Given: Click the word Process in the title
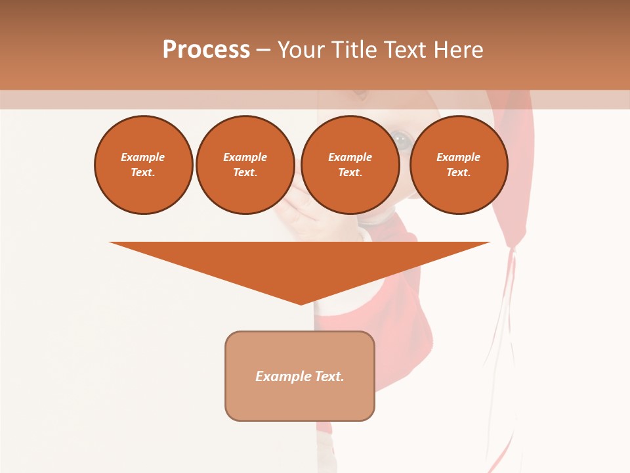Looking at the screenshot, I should pos(206,50).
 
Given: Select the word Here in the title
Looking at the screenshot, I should pos(459,50).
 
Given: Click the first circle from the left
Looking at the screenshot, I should pos(144,165).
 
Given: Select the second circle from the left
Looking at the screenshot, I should pos(245,165).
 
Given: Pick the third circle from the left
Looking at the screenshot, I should pos(350,165).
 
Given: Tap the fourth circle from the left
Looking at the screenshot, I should pos(459,165).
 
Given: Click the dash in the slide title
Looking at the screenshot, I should pos(263,50).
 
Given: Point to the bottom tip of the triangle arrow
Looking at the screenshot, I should pos(301,304).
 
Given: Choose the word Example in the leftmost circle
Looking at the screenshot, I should pos(143,157).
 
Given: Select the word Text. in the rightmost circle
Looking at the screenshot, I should pos(459,173).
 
